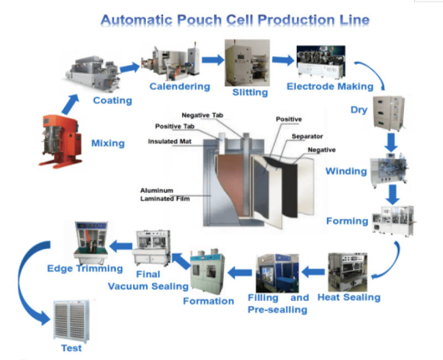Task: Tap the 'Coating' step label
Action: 112,100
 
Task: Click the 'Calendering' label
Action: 179,86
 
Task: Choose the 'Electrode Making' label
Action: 329,86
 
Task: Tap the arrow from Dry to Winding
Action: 392,143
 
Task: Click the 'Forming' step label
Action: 347,221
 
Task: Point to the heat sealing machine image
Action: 347,272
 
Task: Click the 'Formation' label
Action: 208,301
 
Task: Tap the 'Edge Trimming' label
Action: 85,269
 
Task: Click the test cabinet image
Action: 71,321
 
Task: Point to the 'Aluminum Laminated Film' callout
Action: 165,194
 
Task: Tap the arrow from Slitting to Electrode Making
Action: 282,60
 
